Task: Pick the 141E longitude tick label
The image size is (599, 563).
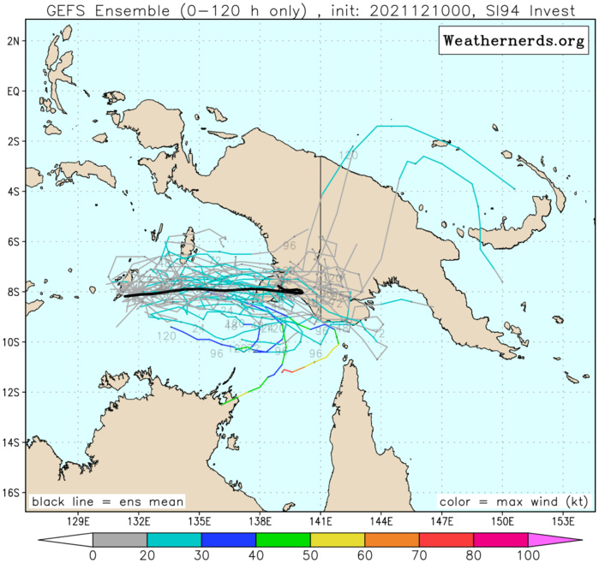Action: pos(321,520)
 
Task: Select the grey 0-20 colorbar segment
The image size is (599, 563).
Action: pos(120,539)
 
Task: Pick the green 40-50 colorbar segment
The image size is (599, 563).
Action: pos(283,539)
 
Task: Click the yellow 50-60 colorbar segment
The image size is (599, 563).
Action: pos(338,539)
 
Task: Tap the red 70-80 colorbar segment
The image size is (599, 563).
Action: pos(446,539)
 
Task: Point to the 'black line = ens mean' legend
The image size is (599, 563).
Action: pos(107,501)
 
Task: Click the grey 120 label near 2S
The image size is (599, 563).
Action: pos(348,155)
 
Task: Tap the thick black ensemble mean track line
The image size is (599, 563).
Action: pos(214,291)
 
